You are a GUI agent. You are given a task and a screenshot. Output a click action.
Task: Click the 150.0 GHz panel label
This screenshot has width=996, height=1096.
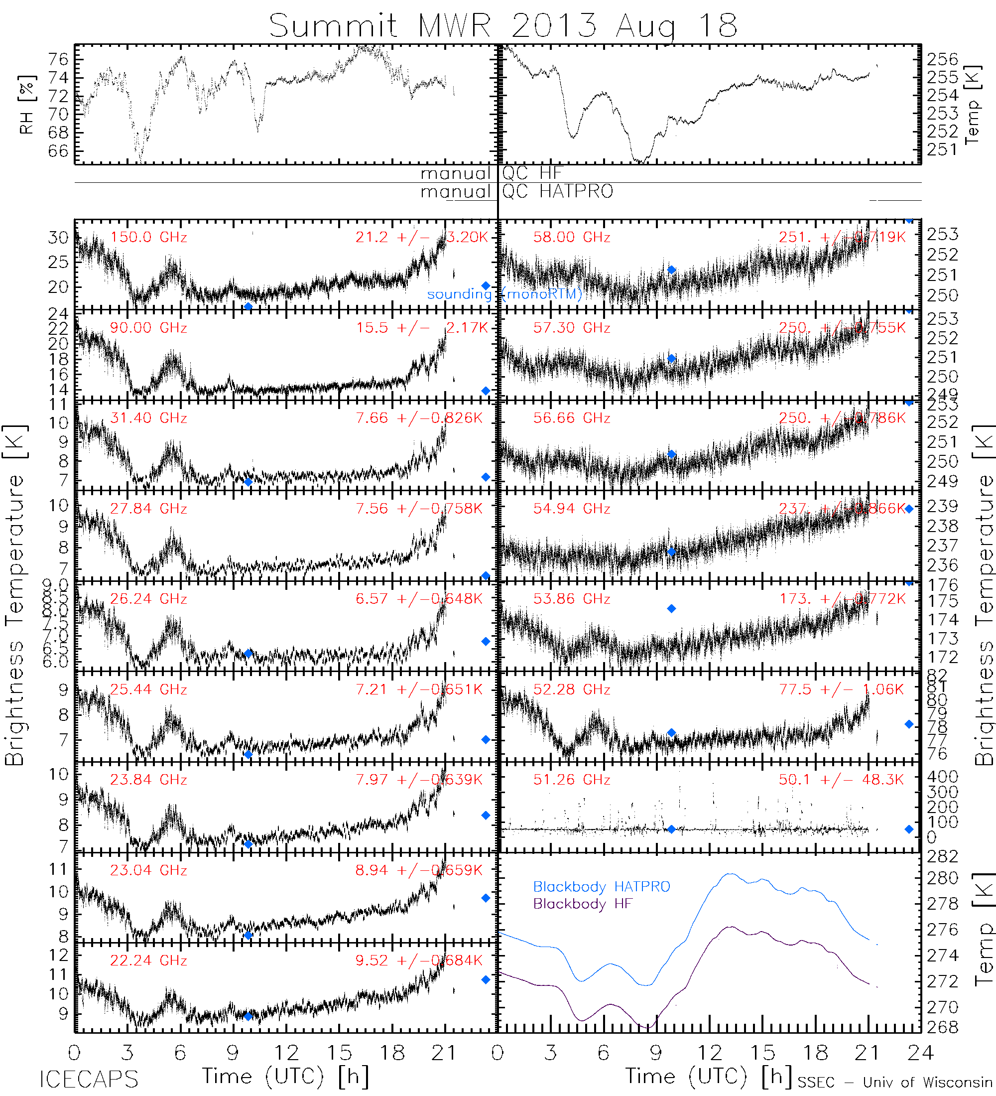(148, 238)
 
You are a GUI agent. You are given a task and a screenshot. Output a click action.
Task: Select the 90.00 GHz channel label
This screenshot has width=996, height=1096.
(148, 328)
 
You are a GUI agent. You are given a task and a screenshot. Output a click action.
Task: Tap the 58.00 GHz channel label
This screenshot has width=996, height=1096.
(571, 238)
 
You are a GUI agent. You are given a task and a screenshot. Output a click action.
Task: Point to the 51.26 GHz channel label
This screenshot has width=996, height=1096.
(571, 780)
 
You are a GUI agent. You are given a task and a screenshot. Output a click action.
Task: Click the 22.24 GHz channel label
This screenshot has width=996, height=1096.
(148, 960)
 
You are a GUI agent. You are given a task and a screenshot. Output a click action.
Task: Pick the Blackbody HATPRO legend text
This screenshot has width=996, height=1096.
(602, 887)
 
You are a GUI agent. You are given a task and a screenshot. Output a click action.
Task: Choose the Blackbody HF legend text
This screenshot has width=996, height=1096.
(583, 904)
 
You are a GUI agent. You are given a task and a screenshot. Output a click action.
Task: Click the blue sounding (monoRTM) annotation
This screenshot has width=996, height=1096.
(504, 294)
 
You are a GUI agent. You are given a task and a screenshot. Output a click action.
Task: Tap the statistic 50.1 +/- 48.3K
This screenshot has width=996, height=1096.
(841, 780)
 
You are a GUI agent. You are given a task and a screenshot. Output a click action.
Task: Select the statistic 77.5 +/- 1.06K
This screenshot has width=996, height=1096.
(841, 689)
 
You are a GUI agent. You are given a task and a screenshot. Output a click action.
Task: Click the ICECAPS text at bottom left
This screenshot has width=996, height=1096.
(89, 1079)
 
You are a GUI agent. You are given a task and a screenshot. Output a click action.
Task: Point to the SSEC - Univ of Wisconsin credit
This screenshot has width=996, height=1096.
(895, 1083)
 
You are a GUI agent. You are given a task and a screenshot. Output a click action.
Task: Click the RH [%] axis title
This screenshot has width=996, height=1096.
(26, 105)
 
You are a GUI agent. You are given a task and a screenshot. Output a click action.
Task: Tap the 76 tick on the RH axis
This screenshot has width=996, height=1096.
(58, 59)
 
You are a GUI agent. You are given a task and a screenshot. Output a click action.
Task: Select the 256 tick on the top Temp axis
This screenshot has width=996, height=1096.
(942, 59)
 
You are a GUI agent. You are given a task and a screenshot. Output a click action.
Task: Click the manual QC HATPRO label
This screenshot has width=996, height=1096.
(516, 191)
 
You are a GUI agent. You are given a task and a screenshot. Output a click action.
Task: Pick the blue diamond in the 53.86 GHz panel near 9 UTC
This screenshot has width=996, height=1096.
(672, 608)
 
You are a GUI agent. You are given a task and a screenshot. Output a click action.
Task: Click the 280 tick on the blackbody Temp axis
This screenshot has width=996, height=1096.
(942, 878)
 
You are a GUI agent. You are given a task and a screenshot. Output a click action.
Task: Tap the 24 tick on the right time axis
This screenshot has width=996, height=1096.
(920, 1053)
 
